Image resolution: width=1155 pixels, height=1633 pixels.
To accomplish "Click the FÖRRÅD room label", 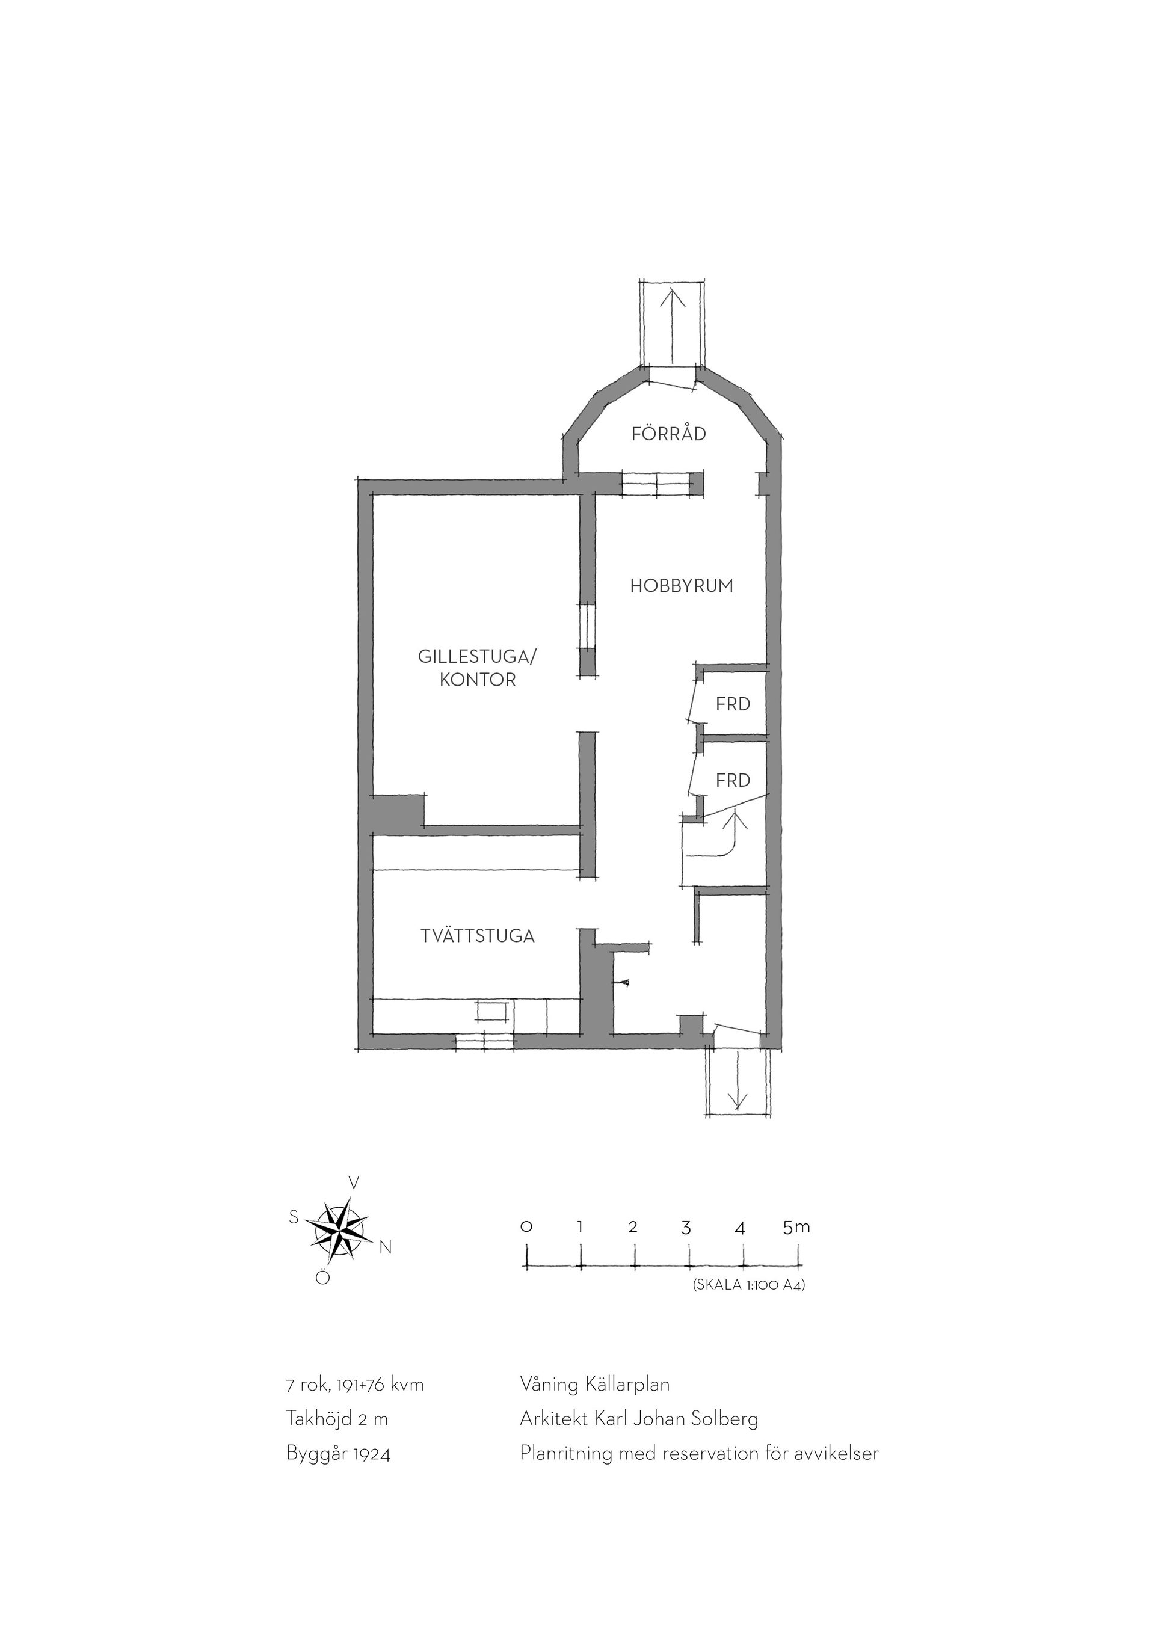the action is point(668,433).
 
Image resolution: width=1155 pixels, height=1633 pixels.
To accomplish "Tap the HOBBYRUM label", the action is point(682,586).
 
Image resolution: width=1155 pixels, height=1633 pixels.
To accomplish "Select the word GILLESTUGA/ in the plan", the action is point(477,656).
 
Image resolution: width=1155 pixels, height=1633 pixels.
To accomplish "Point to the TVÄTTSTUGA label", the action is point(477,936).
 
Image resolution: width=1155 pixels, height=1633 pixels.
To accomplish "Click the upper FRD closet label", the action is point(733,704).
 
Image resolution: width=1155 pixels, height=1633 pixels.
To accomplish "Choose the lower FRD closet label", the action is point(733,780).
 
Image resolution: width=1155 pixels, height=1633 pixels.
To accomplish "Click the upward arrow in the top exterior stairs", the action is point(672,328).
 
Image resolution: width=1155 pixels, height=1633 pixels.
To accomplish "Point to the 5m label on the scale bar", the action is point(796,1226).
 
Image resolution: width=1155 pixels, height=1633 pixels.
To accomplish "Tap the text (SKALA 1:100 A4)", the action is point(748,1285).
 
